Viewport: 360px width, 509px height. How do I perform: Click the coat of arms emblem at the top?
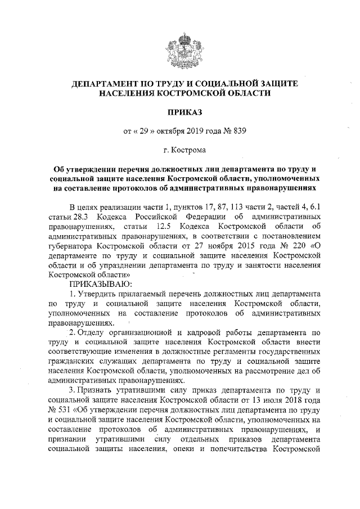point(179,46)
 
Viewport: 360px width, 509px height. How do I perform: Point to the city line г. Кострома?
point(179,151)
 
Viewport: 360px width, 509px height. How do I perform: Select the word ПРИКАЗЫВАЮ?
point(101,283)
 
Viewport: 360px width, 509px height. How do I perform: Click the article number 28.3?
point(80,217)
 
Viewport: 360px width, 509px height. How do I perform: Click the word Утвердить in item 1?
point(100,294)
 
